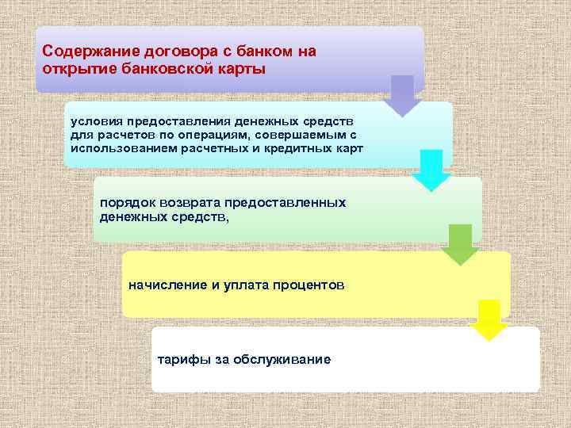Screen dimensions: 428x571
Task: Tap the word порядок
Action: (x=125, y=203)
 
